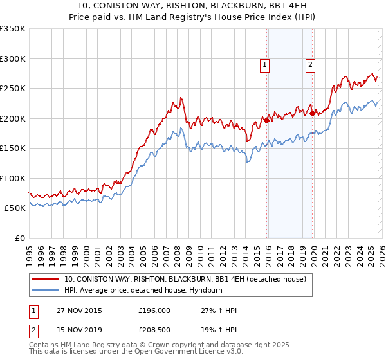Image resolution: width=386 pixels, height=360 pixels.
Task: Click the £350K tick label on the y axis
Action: click(x=13, y=29)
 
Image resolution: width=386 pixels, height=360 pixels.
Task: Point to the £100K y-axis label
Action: click(x=13, y=178)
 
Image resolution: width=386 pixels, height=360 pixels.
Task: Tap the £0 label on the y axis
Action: click(x=20, y=238)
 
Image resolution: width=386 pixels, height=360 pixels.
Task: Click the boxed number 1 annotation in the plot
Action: click(x=265, y=64)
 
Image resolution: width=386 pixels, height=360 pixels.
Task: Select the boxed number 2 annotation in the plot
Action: click(x=310, y=64)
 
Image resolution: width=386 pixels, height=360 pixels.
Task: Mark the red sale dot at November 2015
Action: click(x=266, y=120)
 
